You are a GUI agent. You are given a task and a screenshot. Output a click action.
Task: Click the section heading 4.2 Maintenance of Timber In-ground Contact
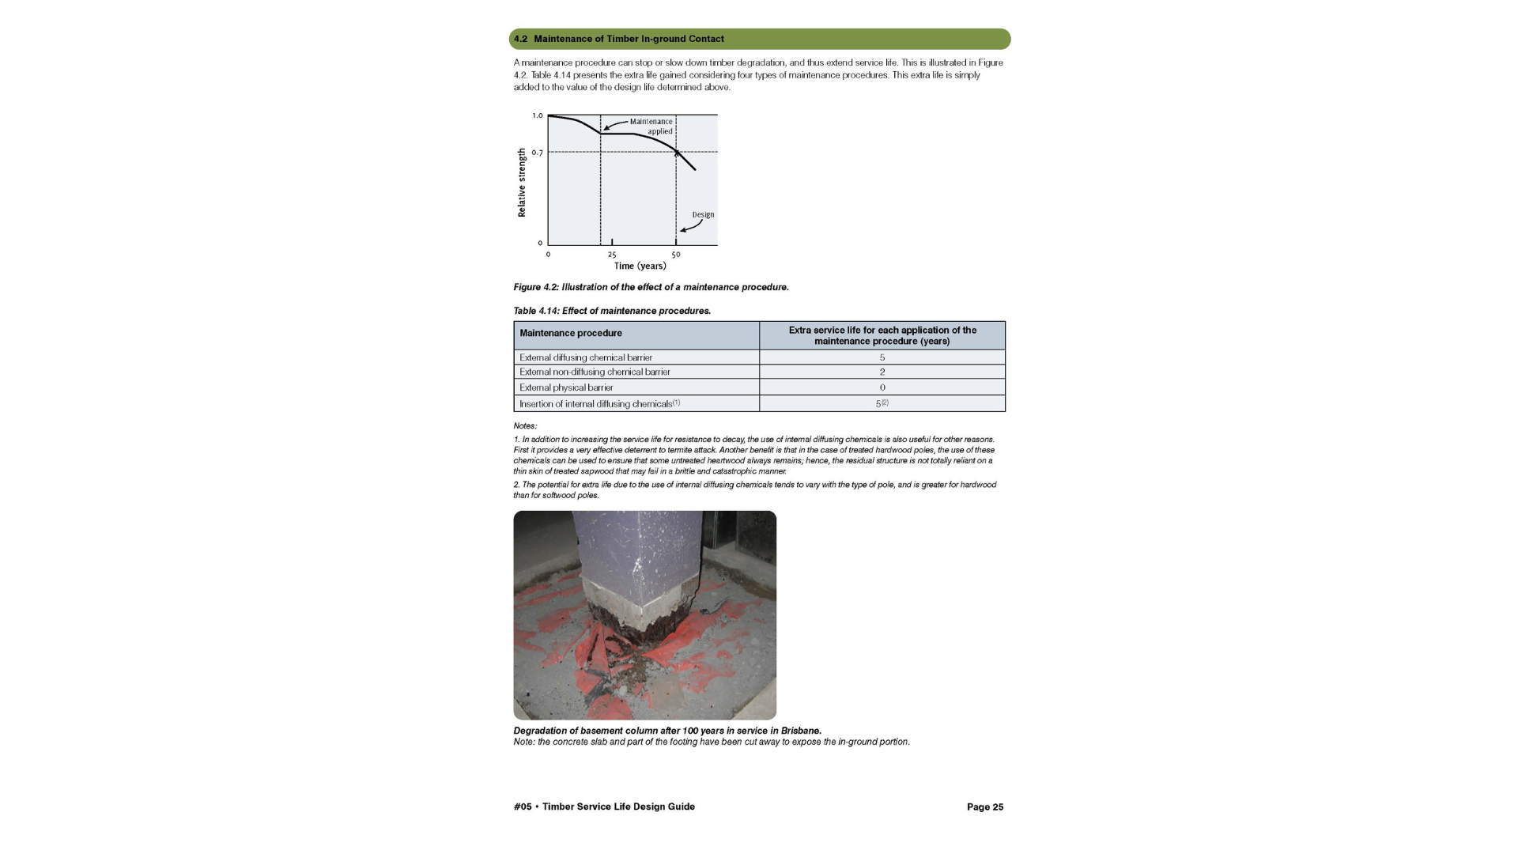tap(629, 39)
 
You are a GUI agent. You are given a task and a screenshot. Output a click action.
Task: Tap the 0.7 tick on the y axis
tap(538, 153)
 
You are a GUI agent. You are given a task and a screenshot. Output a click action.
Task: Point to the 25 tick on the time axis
tap(612, 255)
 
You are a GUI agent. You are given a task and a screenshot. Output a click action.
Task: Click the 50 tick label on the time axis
tap(676, 255)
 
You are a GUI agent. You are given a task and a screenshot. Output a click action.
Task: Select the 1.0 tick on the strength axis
tap(538, 115)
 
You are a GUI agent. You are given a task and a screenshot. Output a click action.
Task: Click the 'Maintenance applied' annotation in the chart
tap(651, 127)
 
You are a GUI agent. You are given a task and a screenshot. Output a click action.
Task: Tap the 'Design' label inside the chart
tap(703, 214)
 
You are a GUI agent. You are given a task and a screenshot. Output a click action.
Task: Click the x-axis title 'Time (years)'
tap(640, 266)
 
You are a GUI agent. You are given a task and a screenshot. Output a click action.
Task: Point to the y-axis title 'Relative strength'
tap(522, 183)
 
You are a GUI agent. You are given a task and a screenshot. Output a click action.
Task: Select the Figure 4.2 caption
tap(651, 287)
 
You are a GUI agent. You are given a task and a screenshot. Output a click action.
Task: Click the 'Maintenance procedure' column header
tap(571, 334)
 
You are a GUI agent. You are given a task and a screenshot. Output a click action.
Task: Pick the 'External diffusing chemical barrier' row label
tap(586, 357)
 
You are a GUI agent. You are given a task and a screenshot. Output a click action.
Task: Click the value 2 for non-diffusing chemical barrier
tap(882, 372)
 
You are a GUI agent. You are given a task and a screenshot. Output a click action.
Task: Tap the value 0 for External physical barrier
tap(882, 387)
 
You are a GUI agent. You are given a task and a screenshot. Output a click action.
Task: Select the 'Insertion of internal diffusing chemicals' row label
tap(596, 404)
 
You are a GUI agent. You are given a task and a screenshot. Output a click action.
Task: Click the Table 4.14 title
tap(612, 311)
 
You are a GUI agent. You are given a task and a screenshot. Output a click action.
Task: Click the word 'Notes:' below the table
tap(525, 426)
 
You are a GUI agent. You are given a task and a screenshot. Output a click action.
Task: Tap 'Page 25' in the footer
tap(984, 807)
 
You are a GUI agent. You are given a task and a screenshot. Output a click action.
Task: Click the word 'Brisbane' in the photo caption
tap(800, 731)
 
